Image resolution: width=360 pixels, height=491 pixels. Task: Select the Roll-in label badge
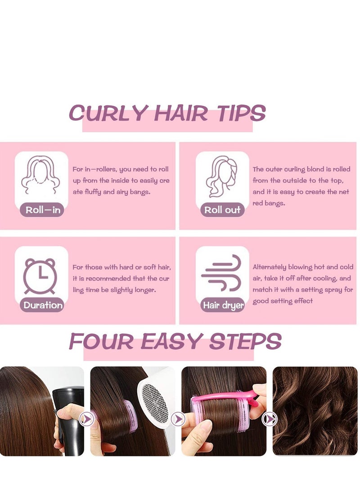pyautogui.click(x=42, y=210)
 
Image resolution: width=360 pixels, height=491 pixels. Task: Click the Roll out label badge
pyautogui.click(x=222, y=210)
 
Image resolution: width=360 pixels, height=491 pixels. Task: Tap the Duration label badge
pyautogui.click(x=42, y=305)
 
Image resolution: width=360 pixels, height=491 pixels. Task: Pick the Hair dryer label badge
pyautogui.click(x=223, y=305)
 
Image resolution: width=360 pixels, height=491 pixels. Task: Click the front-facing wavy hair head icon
pyautogui.click(x=40, y=176)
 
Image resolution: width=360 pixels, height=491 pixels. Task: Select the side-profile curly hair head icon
pyautogui.click(x=221, y=176)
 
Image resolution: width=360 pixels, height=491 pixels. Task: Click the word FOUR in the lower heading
pyautogui.click(x=101, y=341)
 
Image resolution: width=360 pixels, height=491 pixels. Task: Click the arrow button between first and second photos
pyautogui.click(x=87, y=419)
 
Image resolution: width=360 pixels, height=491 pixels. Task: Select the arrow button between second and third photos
pyautogui.click(x=178, y=419)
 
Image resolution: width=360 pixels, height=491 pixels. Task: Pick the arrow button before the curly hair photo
pyautogui.click(x=269, y=419)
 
